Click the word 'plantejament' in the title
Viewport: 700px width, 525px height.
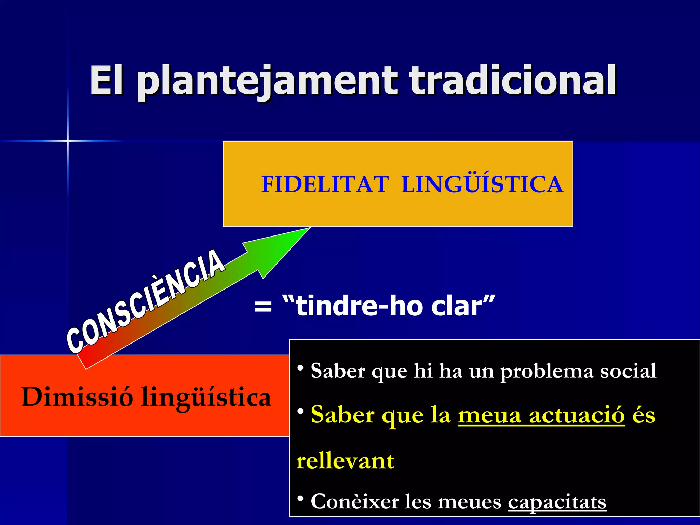pyautogui.click(x=267, y=81)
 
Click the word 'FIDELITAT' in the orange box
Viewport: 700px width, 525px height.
pyautogui.click(x=325, y=185)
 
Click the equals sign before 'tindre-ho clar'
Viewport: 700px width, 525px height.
pyautogui.click(x=263, y=306)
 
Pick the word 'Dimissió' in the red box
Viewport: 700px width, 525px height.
pyautogui.click(x=77, y=397)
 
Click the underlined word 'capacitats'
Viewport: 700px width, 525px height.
pyautogui.click(x=557, y=502)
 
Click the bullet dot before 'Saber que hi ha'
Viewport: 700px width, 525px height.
pyautogui.click(x=300, y=368)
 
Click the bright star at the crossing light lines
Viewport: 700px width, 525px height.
pyautogui.click(x=68, y=141)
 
